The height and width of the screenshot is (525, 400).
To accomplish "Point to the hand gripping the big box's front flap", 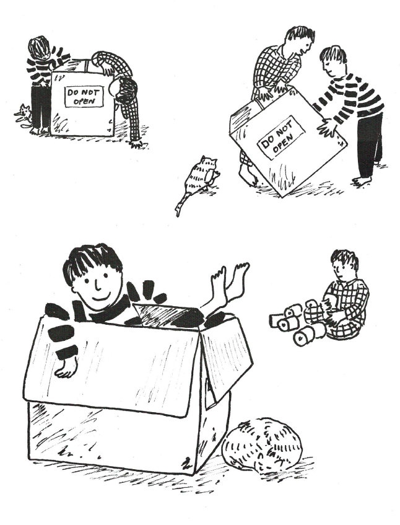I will [x=64, y=368].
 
